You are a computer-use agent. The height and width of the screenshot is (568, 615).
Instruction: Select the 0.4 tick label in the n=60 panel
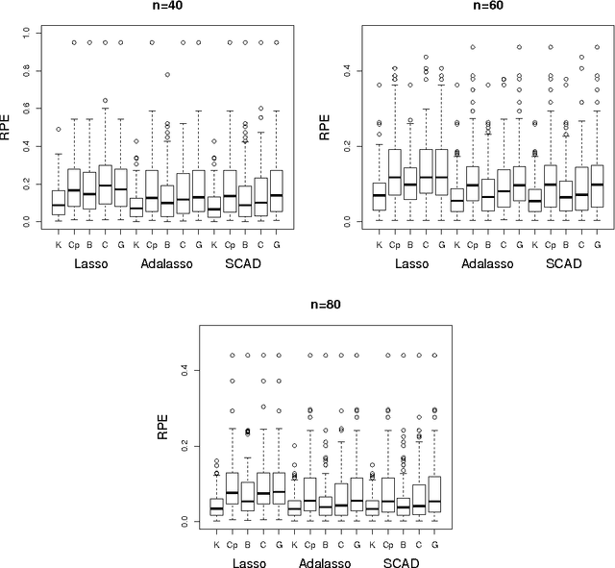point(348,71)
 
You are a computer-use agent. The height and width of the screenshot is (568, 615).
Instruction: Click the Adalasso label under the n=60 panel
point(484,262)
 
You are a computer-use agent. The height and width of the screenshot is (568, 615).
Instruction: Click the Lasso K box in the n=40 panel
point(59,203)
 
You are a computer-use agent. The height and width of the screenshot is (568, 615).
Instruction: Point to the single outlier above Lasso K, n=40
point(59,129)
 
